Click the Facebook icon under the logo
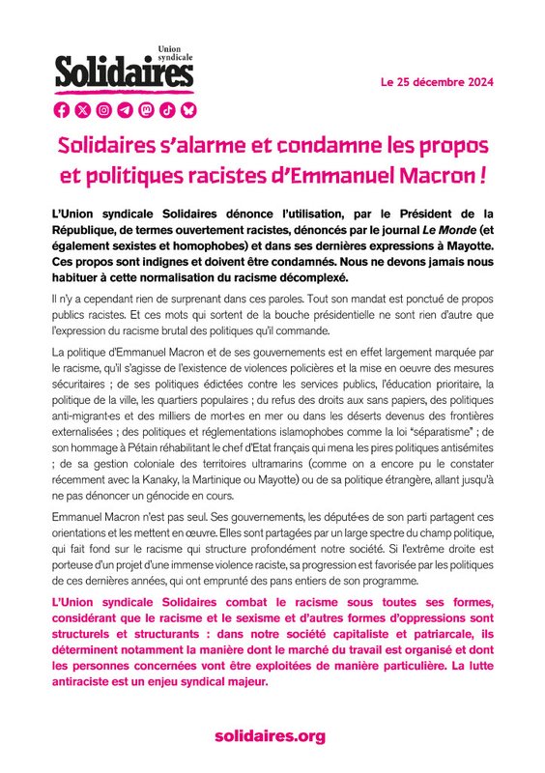63,109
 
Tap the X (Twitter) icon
84,109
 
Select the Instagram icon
104,109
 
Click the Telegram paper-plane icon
126,109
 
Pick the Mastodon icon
146,109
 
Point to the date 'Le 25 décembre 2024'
438,83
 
